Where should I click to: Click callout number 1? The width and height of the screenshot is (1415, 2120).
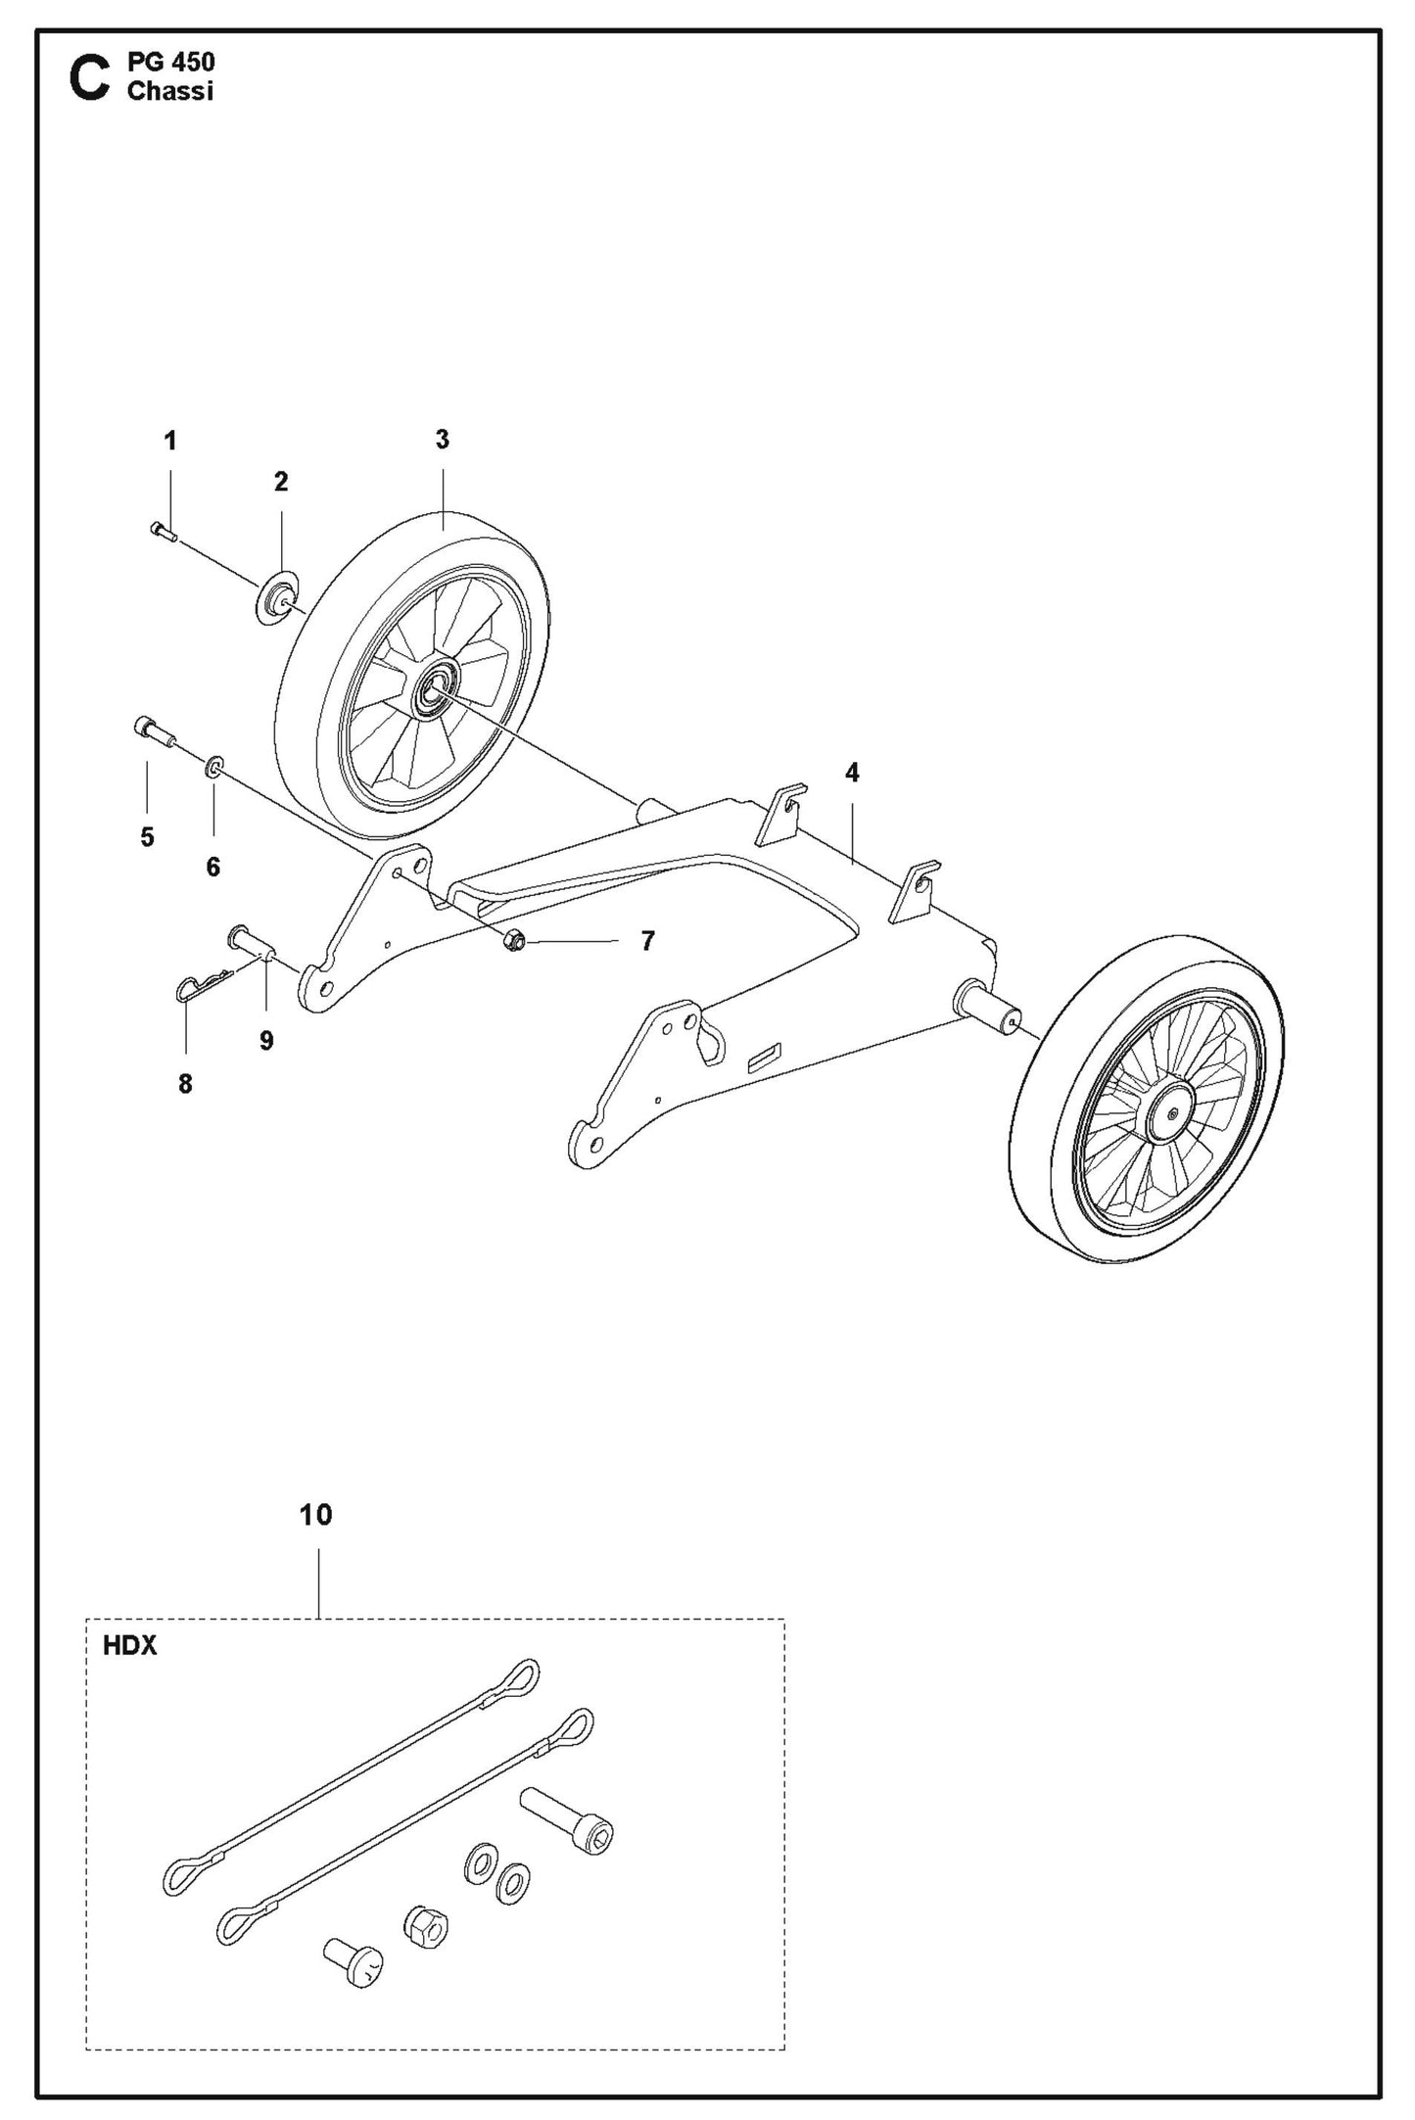tap(170, 442)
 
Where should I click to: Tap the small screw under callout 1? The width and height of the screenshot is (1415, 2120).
tap(163, 532)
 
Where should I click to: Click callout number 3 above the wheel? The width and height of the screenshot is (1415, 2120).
tap(442, 440)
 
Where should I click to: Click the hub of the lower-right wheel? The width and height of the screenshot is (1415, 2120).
tap(1172, 1112)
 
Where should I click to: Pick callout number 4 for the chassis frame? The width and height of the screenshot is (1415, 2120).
tap(852, 774)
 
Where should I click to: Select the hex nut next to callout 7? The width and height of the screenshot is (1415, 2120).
tap(514, 940)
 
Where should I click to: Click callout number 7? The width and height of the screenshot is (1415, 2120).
tap(647, 941)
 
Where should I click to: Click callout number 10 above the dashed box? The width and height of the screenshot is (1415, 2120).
tap(315, 1515)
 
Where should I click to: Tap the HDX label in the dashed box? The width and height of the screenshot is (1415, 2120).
tap(130, 1646)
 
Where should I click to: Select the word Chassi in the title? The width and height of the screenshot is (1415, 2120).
tap(169, 92)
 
